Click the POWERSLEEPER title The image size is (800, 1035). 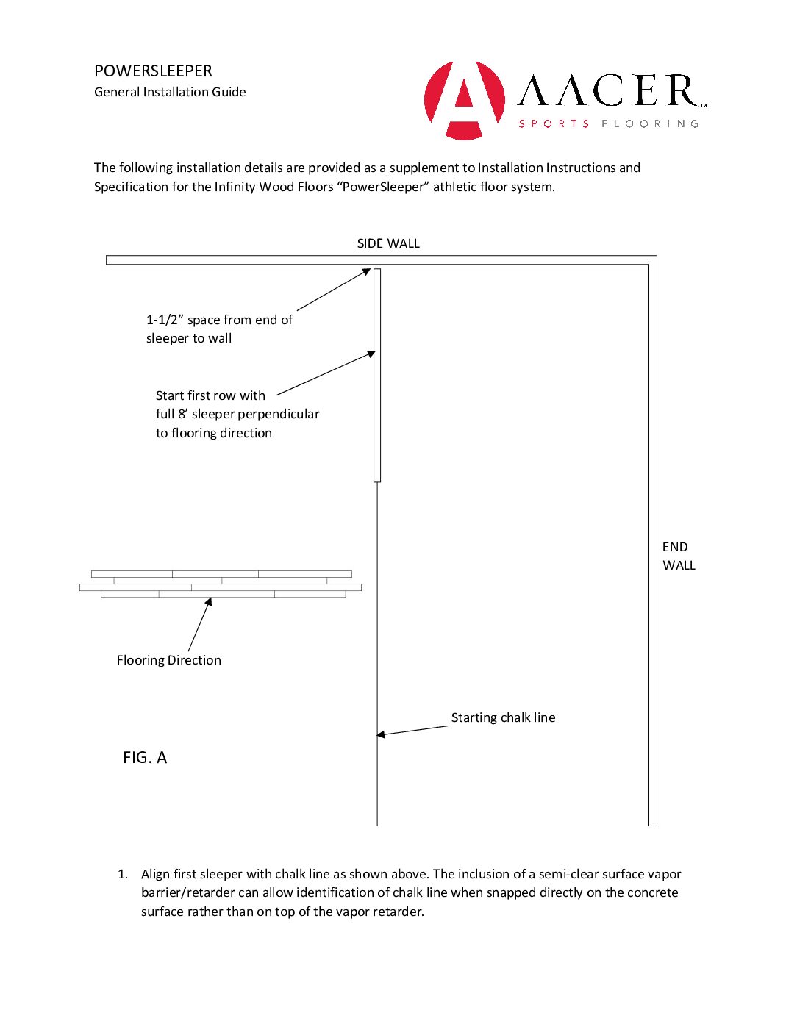coord(153,71)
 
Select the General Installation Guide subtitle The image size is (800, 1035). coord(170,92)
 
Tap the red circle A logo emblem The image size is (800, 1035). coord(465,100)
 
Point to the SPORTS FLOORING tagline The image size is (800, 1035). coord(609,123)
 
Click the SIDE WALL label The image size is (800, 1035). coord(388,243)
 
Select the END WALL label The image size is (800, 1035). coord(678,556)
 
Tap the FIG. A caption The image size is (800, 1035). coord(145,758)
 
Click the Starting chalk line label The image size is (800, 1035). coord(503,717)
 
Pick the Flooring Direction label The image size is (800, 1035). coord(168,660)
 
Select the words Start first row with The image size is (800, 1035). coord(210,395)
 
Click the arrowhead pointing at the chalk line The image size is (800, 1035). coord(382,734)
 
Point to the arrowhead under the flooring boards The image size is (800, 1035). coord(209,602)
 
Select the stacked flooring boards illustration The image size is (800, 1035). coord(221,584)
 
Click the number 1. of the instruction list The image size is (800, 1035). coord(123,874)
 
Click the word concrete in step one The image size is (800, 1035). coord(654,892)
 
